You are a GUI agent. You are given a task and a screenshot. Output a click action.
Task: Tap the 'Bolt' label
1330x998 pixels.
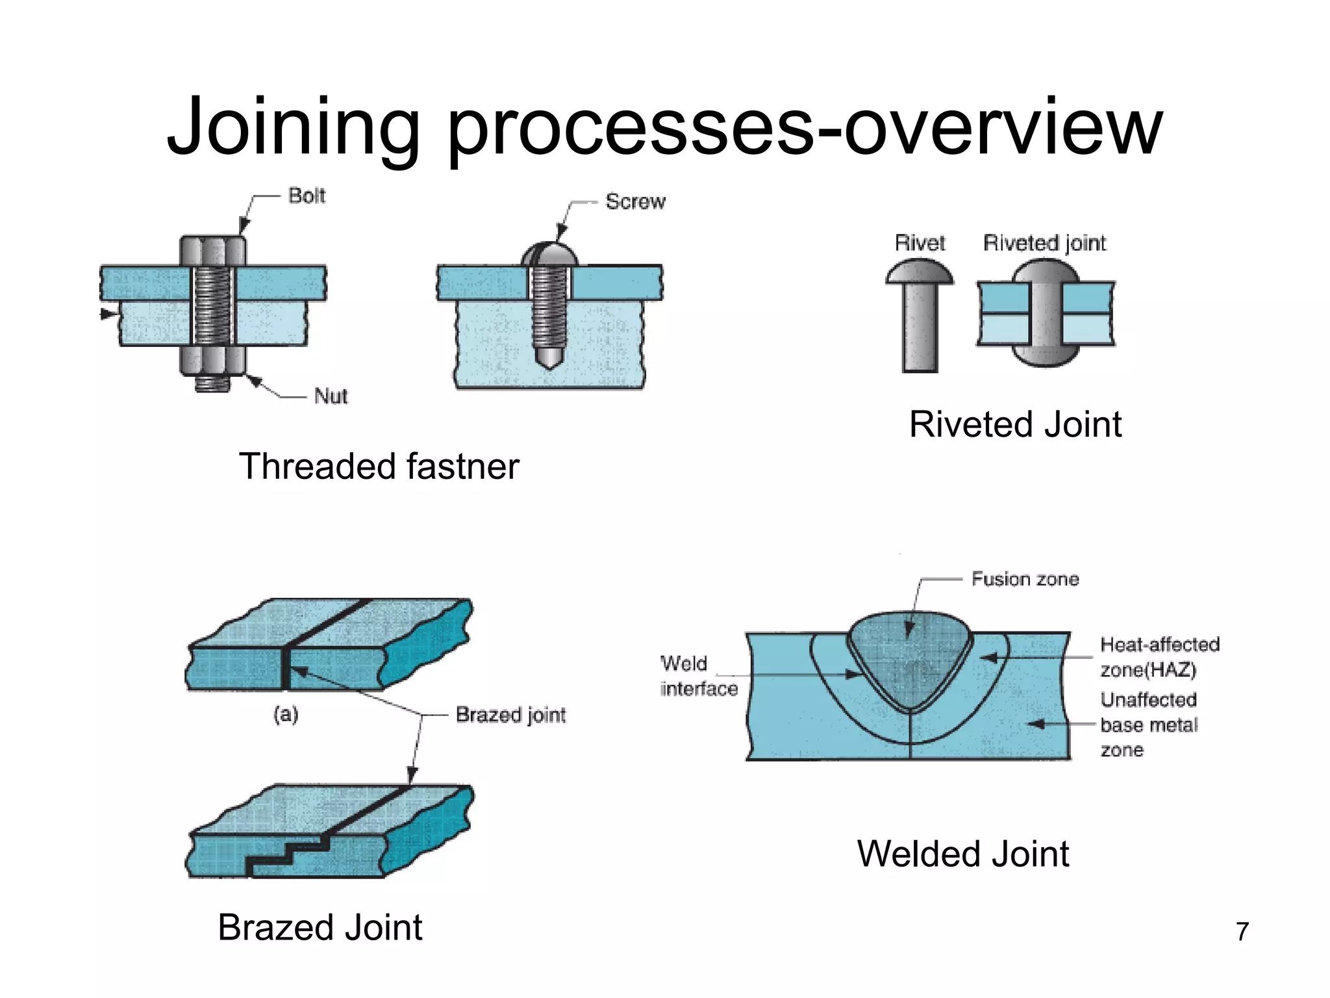(x=307, y=196)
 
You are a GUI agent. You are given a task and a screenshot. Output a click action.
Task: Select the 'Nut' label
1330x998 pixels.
(x=331, y=396)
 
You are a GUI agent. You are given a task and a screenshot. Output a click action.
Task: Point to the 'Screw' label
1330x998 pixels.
(x=635, y=201)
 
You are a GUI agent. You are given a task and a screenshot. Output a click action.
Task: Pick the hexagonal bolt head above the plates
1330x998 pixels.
(x=213, y=251)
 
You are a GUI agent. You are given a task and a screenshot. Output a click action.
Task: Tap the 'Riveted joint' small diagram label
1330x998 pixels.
(x=1044, y=243)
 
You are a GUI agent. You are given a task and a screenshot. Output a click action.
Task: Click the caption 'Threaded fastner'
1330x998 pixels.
(x=379, y=467)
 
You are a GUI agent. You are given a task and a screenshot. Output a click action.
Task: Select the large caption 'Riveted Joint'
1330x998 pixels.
(x=1015, y=425)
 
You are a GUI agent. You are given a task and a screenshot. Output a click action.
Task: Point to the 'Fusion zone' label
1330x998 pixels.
(x=1025, y=579)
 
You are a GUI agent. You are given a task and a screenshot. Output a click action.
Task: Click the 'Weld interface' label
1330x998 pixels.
(x=698, y=676)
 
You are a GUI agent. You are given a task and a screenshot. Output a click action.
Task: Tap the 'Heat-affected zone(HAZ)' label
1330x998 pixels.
(x=1159, y=657)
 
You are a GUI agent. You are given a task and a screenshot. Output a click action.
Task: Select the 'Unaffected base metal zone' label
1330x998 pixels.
(x=1148, y=724)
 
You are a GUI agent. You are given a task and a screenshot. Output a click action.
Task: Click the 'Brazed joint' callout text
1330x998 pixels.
(x=510, y=715)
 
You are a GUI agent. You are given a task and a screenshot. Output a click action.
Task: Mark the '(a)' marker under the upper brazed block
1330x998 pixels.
(x=286, y=715)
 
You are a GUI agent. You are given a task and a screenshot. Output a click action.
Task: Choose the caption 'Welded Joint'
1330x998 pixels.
(x=962, y=854)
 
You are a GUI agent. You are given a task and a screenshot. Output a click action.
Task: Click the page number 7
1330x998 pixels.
(x=1242, y=932)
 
